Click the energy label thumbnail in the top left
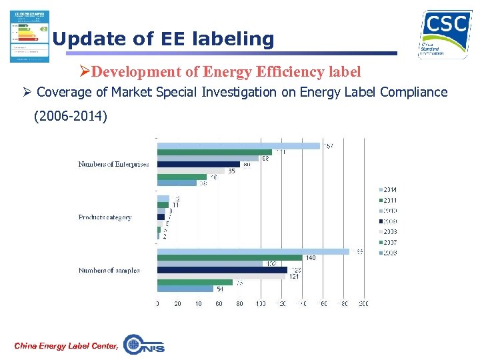pyautogui.click(x=29, y=36)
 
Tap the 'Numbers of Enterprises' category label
pyautogui.click(x=113, y=164)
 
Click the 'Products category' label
pyautogui.click(x=105, y=217)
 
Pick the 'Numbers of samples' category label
pyautogui.click(x=109, y=270)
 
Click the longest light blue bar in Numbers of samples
pyautogui.click(x=253, y=251)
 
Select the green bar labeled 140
pyautogui.click(x=229, y=258)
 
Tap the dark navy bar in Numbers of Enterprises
pyautogui.click(x=198, y=164)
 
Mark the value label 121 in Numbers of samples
pyautogui.click(x=293, y=277)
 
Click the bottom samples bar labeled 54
pyautogui.click(x=185, y=289)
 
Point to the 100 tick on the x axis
pyautogui.click(x=261, y=304)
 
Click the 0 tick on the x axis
pyautogui.click(x=157, y=304)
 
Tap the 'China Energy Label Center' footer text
pyautogui.click(x=66, y=345)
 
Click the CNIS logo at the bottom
pyautogui.click(x=144, y=344)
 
